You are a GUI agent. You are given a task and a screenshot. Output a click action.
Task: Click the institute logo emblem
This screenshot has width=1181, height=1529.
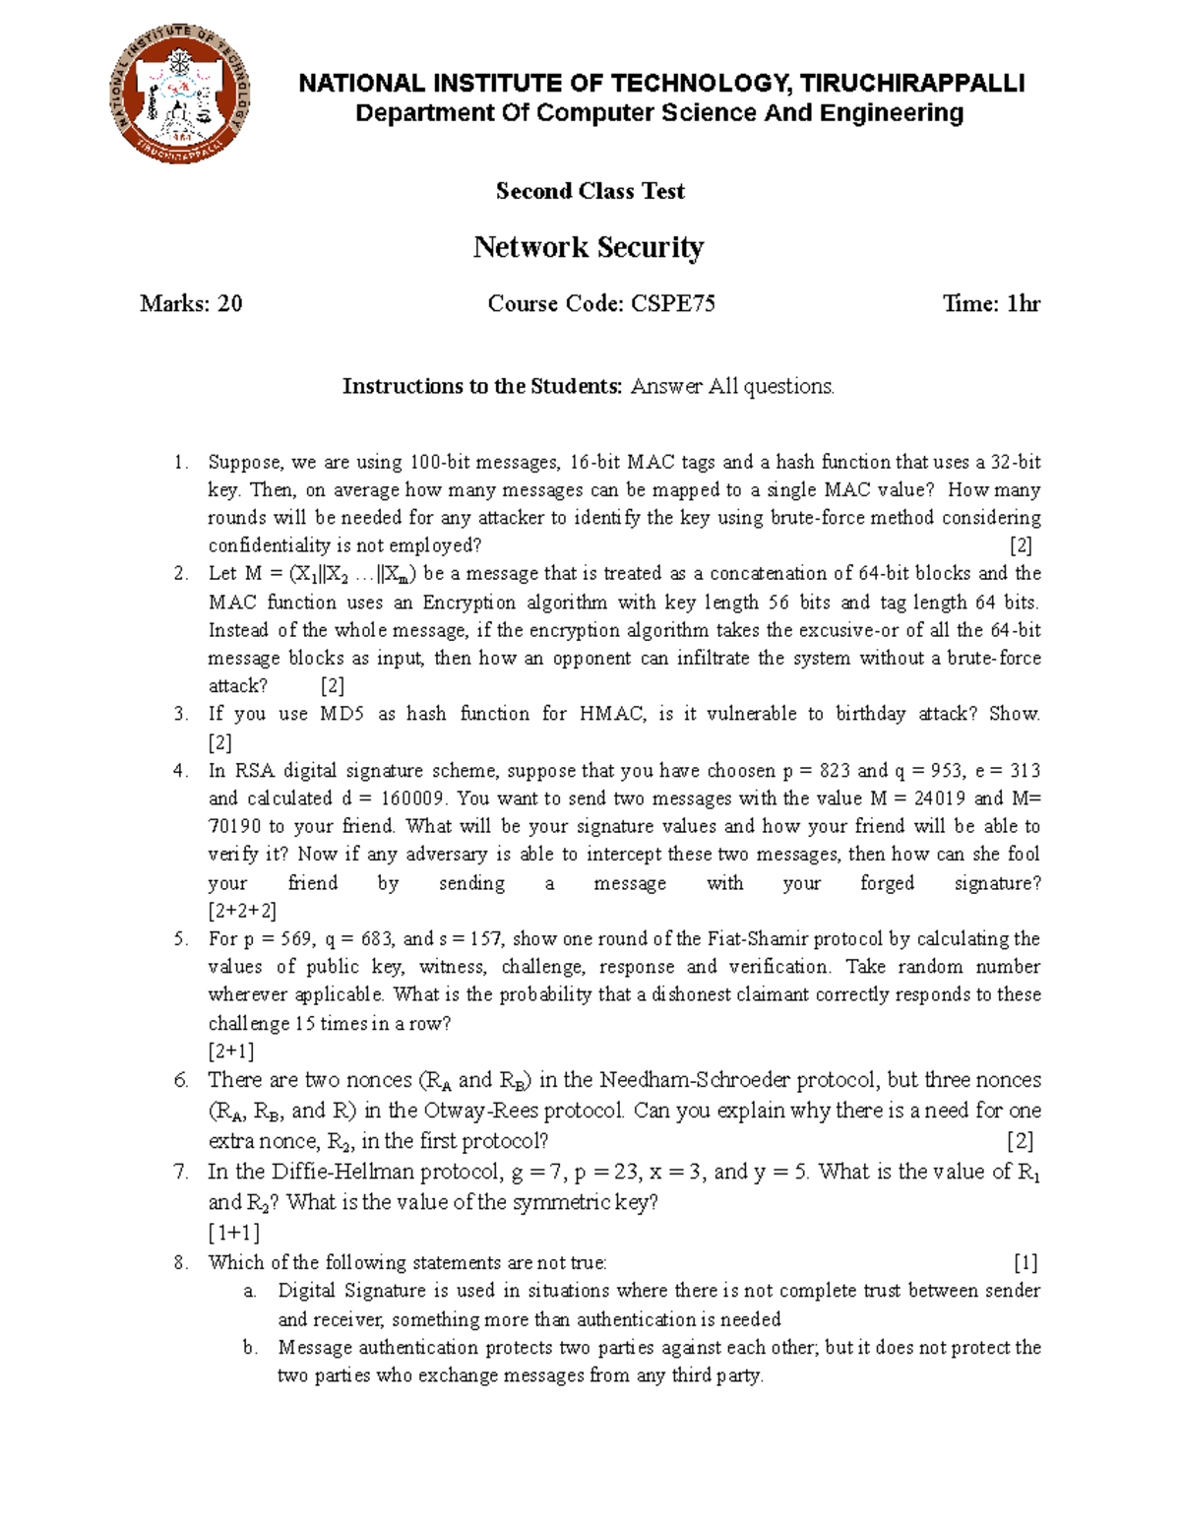(181, 95)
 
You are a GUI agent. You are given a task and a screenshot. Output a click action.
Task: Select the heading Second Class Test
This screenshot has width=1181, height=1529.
(590, 191)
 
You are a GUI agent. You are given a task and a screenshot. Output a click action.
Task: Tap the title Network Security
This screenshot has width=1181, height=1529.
(589, 247)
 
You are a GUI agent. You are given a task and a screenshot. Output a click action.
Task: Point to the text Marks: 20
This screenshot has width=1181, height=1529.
(191, 304)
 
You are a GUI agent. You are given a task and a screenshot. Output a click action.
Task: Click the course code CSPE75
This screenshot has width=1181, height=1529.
(673, 304)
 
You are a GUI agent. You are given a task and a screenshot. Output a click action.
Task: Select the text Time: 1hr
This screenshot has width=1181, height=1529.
(991, 304)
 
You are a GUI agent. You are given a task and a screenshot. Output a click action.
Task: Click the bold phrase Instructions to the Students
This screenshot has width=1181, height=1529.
(482, 387)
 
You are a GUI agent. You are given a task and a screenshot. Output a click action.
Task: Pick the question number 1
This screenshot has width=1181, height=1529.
(179, 463)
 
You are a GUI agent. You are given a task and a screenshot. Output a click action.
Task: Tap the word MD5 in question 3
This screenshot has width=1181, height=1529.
(342, 714)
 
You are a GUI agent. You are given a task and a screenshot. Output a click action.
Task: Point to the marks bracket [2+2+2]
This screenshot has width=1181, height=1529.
(241, 911)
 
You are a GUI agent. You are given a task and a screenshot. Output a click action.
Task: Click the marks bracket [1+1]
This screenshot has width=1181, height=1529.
(233, 1233)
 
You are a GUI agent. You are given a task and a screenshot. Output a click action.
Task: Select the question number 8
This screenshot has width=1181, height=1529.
(180, 1263)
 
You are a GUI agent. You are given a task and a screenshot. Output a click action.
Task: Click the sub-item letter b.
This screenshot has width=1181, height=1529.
(250, 1348)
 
